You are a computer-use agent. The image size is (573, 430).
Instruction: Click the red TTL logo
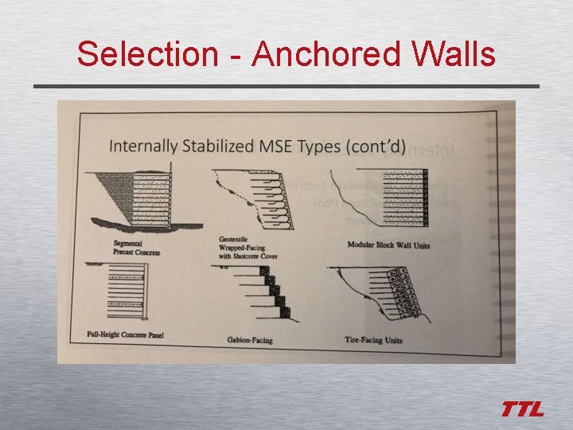[523, 409]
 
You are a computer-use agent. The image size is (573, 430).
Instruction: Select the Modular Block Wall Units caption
[388, 245]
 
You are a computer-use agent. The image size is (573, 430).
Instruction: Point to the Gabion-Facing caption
[249, 340]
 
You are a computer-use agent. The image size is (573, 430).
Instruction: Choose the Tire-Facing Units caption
[373, 340]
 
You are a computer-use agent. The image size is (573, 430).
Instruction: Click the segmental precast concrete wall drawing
[135, 196]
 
